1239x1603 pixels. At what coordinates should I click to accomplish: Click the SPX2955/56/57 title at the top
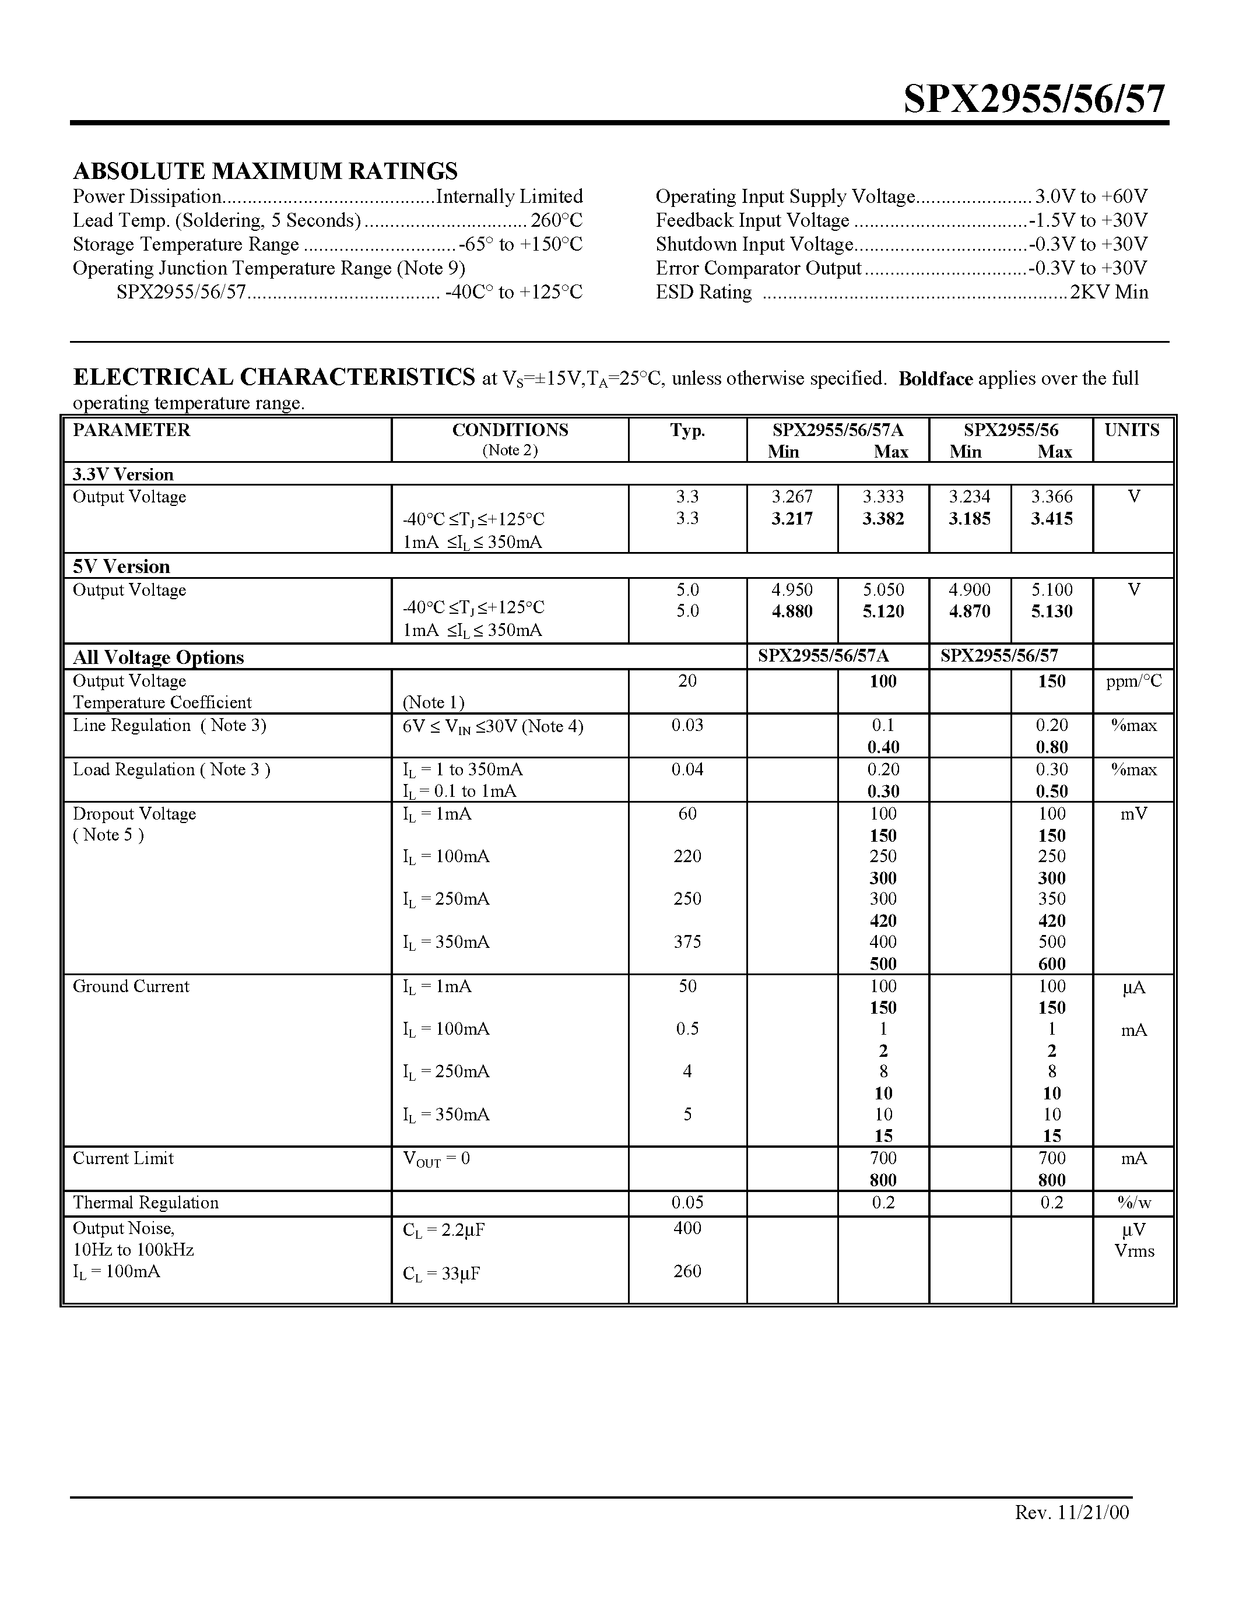tap(1034, 99)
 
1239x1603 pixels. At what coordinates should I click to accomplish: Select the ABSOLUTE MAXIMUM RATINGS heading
tap(265, 171)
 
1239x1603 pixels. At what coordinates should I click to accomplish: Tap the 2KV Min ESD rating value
tap(1109, 292)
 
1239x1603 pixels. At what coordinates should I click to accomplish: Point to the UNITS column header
tap(1132, 430)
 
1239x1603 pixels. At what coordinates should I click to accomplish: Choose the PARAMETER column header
tap(131, 430)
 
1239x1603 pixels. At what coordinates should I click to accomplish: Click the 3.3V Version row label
tap(123, 474)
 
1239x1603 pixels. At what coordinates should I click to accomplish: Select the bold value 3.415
tap(1051, 519)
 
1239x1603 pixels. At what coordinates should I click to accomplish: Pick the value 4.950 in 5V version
tap(792, 590)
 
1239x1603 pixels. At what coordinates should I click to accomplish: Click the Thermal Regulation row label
tap(146, 1202)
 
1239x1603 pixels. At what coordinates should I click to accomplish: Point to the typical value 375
tap(687, 941)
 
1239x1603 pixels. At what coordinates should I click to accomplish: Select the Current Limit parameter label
tap(123, 1158)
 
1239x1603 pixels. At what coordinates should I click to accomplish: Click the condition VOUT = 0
tap(436, 1159)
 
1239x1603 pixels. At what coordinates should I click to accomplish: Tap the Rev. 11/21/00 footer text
tap(1072, 1512)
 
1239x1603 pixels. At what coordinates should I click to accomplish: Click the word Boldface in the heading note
tap(935, 379)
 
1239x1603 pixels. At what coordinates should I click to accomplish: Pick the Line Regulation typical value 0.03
tap(687, 725)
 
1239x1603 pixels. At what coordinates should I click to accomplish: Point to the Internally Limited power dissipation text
tap(510, 196)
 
